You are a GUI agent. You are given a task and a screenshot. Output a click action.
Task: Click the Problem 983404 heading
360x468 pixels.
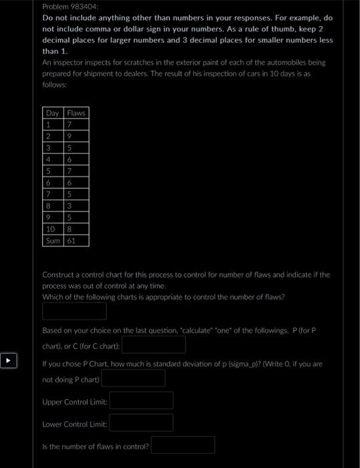coord(69,5)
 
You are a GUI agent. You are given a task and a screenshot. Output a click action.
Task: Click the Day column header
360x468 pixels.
coord(53,113)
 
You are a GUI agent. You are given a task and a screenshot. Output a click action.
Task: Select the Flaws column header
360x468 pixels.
coord(76,113)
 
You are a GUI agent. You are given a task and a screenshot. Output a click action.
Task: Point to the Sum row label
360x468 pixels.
coord(53,239)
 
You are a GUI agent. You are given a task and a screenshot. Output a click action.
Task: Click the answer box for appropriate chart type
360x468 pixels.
coord(74,311)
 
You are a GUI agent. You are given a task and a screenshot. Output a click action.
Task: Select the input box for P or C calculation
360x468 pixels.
coord(153,344)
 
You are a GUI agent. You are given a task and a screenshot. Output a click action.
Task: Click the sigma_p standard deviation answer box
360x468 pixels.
coord(133,378)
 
